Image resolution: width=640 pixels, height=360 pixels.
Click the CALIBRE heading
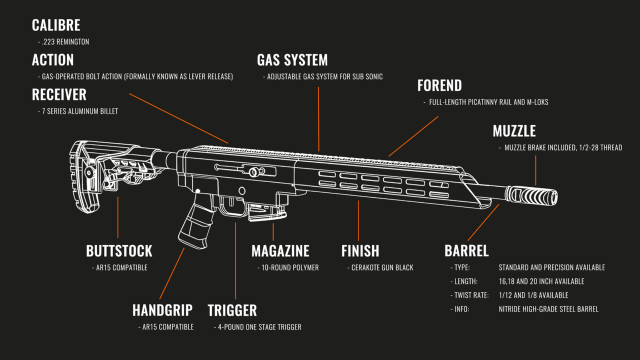tap(56, 25)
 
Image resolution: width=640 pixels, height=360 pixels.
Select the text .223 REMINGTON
tap(65, 42)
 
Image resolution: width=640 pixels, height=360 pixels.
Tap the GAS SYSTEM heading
tap(292, 60)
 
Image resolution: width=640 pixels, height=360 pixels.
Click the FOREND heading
tap(439, 85)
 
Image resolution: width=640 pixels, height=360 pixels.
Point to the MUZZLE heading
tap(514, 131)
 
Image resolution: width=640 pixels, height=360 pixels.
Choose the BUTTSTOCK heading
tap(119, 251)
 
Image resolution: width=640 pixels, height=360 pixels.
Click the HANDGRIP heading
tap(162, 310)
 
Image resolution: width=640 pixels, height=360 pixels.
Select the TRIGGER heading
tap(232, 310)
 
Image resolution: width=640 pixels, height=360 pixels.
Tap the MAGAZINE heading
tap(280, 251)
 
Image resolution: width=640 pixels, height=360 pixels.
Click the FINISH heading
tap(360, 251)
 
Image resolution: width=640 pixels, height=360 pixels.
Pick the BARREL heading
tap(466, 251)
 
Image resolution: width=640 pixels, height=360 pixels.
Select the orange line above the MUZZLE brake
tap(535, 170)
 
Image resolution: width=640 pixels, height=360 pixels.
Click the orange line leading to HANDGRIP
tap(171, 273)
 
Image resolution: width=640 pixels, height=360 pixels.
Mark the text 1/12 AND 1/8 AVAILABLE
tap(533, 295)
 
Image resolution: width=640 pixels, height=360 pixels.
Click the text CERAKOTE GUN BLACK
tap(382, 268)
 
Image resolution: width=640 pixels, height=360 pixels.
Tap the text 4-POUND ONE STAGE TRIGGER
tap(259, 327)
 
